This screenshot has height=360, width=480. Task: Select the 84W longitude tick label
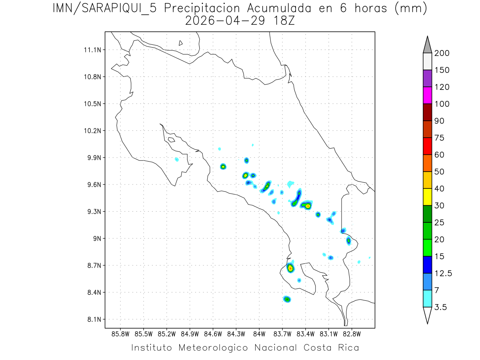(259, 333)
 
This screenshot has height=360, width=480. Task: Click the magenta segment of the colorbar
(427, 95)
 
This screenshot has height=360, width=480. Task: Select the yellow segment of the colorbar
(427, 197)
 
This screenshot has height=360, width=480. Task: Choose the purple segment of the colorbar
(427, 78)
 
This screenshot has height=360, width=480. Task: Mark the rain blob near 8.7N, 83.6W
(290, 268)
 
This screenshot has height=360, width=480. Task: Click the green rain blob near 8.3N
(287, 299)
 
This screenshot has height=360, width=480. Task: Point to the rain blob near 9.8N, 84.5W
(223, 166)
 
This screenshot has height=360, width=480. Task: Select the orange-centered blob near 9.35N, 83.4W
(308, 206)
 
